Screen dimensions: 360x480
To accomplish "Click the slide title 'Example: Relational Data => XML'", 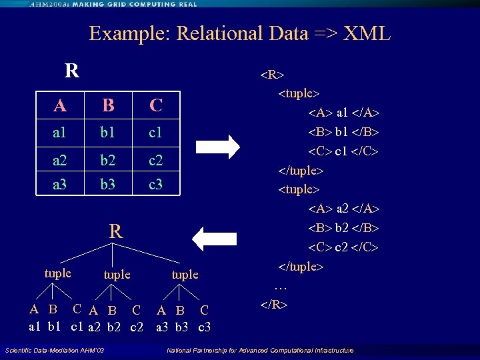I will tap(239, 33).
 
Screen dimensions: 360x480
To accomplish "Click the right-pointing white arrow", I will tap(219, 148).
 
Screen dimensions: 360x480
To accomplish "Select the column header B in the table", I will tap(107, 105).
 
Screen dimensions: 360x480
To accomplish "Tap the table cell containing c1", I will tap(155, 133).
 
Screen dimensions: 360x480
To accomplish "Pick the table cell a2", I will tap(60, 161).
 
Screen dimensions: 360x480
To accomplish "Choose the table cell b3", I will tap(107, 184).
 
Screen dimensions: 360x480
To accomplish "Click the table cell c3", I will tap(155, 184).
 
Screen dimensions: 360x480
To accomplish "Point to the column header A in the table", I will tap(60, 105).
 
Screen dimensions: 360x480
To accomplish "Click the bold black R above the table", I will tap(72, 70).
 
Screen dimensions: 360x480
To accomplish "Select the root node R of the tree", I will tap(115, 232).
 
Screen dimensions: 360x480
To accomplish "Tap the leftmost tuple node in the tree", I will tap(57, 273).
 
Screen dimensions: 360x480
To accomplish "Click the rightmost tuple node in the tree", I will tap(185, 274).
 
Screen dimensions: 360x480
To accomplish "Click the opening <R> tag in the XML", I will tap(273, 73).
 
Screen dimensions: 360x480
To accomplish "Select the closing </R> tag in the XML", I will tap(274, 305).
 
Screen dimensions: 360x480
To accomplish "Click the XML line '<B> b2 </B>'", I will tap(343, 228).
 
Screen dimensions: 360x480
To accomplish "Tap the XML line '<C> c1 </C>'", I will tap(343, 151).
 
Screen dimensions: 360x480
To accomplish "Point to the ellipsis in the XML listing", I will tap(281, 287).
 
